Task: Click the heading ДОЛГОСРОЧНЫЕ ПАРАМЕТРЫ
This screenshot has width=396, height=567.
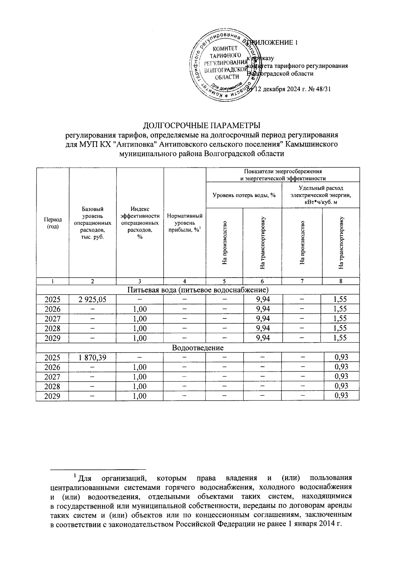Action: (x=201, y=126)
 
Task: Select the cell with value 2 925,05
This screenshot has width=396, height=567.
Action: (x=92, y=300)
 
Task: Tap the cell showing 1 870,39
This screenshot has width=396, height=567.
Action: (x=92, y=357)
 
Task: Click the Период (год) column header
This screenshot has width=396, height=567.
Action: (x=52, y=223)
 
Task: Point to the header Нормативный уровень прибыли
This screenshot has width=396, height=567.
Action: (x=184, y=223)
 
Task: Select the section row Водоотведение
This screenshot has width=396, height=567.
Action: (x=198, y=348)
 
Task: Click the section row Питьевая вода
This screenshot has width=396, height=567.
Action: (x=198, y=290)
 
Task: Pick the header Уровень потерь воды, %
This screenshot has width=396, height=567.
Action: (x=244, y=195)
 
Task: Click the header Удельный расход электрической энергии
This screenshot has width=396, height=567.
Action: (x=320, y=195)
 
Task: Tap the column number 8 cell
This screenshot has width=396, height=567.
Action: (x=341, y=281)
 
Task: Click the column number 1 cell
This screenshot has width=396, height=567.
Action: (x=52, y=281)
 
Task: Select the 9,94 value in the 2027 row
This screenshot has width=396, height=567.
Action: (x=263, y=319)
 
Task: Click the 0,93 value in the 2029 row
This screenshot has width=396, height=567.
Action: (x=341, y=396)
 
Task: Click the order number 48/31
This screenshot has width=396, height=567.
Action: (x=323, y=89)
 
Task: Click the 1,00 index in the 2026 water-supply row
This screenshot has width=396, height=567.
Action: (x=140, y=309)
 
